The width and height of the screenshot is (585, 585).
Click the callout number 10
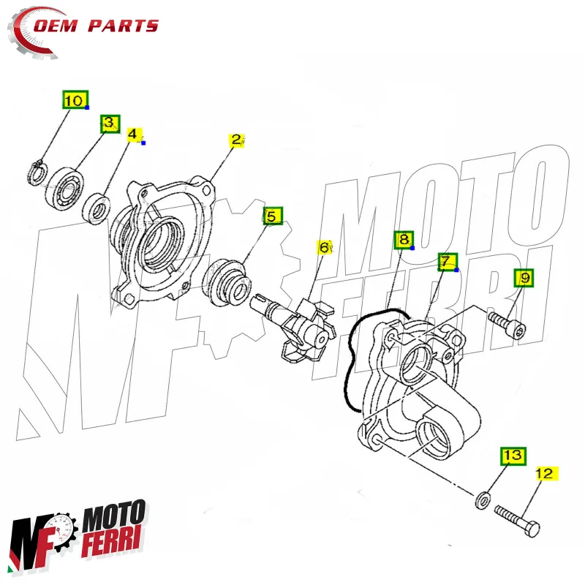74,100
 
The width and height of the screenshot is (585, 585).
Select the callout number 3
109,123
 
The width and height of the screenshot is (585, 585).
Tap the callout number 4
133,135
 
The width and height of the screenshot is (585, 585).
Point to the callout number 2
236,140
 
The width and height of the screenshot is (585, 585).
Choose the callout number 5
271,216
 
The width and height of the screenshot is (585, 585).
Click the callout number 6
324,248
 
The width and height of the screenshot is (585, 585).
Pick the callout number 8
403,239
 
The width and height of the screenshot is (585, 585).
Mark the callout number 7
446,262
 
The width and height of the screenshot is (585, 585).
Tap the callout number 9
524,278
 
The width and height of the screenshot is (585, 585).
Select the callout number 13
513,456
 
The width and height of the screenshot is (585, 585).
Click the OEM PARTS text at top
110,26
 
